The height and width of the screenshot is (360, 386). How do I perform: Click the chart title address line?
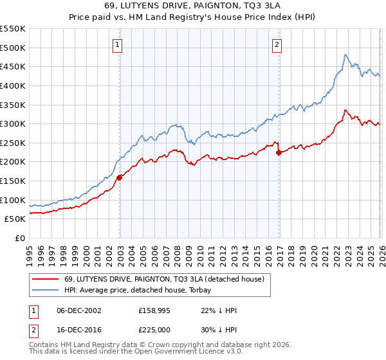tap(192, 6)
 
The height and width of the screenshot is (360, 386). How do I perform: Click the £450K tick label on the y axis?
tap(13, 67)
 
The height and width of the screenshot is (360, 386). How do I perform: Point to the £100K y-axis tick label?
tap(13, 201)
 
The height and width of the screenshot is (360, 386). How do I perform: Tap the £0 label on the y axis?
tap(19, 239)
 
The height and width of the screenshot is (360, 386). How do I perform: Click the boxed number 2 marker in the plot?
tap(277, 45)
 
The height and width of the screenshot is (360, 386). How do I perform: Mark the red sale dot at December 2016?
tap(279, 152)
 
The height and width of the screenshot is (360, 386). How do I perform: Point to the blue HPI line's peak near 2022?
tap(345, 55)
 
